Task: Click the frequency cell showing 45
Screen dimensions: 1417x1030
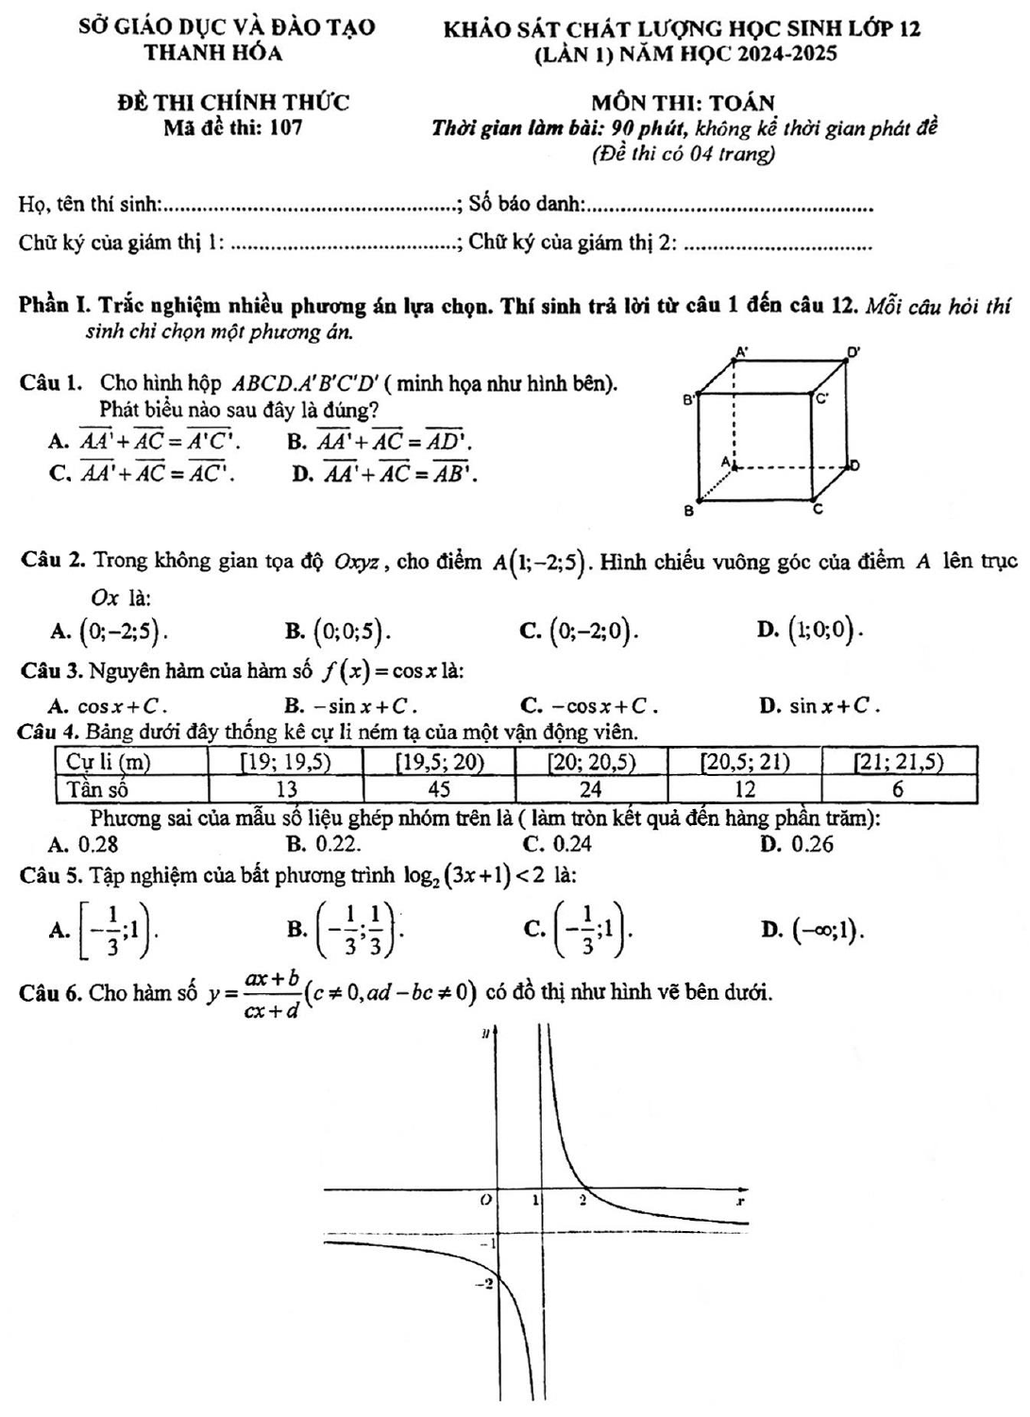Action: (439, 788)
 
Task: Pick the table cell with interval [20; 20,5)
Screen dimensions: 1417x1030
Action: (591, 762)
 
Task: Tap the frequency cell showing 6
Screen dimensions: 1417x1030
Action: (898, 788)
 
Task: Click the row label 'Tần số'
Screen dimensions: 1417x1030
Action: (97, 788)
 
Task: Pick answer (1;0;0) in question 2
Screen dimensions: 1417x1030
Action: (818, 629)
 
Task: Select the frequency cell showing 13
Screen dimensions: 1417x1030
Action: (286, 788)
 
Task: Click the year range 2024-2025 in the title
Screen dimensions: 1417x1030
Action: (785, 54)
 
